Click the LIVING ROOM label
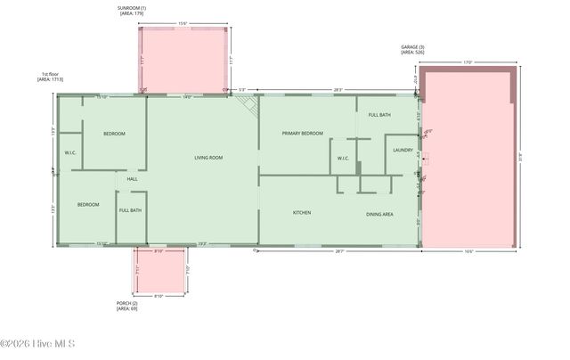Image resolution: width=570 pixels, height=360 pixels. coord(208,158)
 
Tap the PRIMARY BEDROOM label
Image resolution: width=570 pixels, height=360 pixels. coord(302,134)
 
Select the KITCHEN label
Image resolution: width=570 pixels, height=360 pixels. coord(302,213)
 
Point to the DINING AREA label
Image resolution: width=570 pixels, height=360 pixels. coord(379,214)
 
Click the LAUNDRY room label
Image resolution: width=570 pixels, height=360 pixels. coord(403,150)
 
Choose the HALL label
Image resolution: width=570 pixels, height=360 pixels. coord(132,179)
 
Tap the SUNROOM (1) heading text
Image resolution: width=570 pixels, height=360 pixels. coord(131,8)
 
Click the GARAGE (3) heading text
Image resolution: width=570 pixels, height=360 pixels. coord(412,47)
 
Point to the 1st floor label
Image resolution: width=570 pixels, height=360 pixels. coord(50,74)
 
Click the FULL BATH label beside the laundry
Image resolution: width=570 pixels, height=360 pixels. coord(379,115)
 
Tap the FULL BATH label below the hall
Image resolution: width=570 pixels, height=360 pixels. coord(130,210)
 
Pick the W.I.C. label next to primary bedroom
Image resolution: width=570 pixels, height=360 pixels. coord(343,159)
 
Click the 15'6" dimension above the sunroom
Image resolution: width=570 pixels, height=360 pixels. coord(183,23)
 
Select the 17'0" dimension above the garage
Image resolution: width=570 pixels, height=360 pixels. coord(468,62)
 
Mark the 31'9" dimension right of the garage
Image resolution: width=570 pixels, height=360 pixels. coord(521,157)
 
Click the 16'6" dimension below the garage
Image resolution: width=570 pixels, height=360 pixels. coord(468,252)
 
